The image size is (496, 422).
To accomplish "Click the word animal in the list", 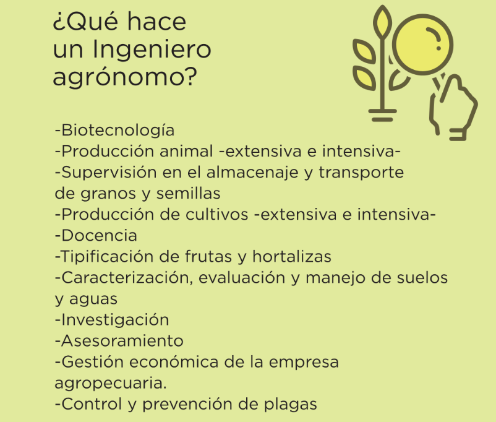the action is click(186, 151).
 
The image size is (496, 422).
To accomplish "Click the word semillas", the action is click(188, 193).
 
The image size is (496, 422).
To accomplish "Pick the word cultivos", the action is click(216, 214).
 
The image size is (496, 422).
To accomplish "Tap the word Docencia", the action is click(99, 236).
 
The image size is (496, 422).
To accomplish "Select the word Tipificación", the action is click(107, 257).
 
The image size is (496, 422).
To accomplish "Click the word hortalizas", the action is click(292, 256).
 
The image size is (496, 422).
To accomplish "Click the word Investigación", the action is click(115, 321).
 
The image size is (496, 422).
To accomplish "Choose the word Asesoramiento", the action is click(122, 341).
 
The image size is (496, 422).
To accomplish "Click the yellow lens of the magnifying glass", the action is click(422, 45).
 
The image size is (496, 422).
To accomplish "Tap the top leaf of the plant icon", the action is click(382, 22).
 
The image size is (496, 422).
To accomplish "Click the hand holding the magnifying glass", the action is click(453, 108).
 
